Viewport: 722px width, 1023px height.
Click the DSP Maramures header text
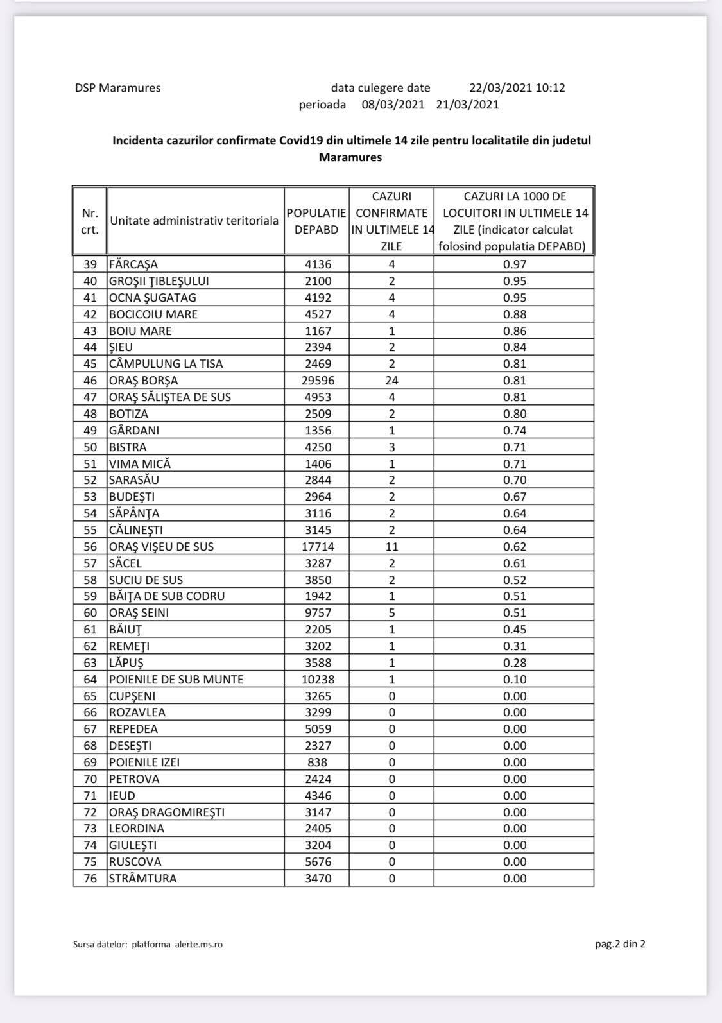tap(117, 88)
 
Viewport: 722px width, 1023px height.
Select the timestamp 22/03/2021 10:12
tap(517, 88)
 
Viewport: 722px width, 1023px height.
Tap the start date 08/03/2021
tap(393, 105)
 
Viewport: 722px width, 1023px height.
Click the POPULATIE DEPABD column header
tap(316, 221)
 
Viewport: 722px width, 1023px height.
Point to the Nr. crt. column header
tap(90, 221)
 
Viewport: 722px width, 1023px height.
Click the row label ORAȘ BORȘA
tap(144, 381)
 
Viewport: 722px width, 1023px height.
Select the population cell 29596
tap(318, 381)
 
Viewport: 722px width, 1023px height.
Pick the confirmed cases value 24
tap(391, 381)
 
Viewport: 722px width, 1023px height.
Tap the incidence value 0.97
tap(515, 264)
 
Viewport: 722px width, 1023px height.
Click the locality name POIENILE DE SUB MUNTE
tap(176, 680)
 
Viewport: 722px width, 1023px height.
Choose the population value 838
tap(318, 762)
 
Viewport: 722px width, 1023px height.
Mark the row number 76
tap(90, 879)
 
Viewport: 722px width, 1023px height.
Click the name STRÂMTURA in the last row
tap(142, 879)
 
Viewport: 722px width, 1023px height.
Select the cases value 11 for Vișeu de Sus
tap(391, 547)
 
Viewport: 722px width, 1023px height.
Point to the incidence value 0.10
tap(515, 680)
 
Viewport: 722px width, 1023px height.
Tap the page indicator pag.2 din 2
tap(620, 943)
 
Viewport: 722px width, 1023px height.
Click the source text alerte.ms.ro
tap(198, 944)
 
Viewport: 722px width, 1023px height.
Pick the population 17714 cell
tap(318, 547)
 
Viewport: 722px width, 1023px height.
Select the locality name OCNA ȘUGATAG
tap(153, 298)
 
